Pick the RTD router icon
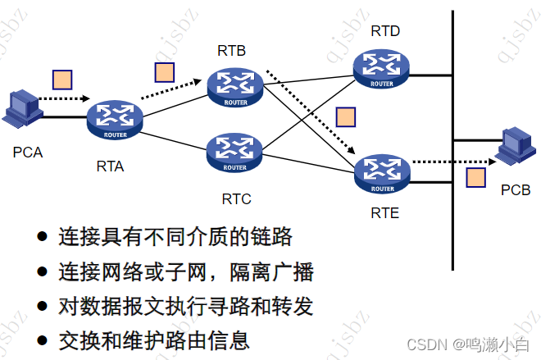pos(381,68)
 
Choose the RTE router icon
pos(381,172)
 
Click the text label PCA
pos(27,153)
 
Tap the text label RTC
pos(236,198)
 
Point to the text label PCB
pos(516,190)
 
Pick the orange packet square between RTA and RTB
pos(165,72)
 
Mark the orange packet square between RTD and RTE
pos(346,116)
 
